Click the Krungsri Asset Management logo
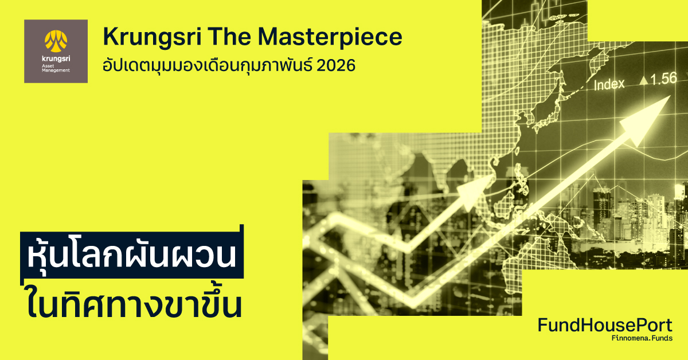(x=56, y=51)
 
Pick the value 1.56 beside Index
(x=663, y=79)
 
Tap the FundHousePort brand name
(x=605, y=326)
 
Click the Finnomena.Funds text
(x=642, y=339)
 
